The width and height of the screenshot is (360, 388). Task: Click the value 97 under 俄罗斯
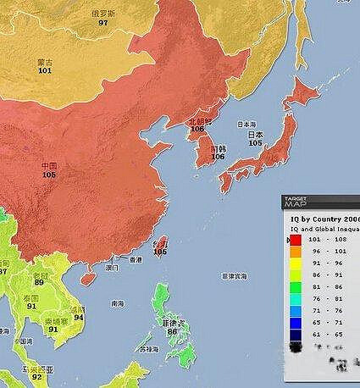click(x=103, y=22)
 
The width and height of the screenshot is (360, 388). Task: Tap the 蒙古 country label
click(x=44, y=62)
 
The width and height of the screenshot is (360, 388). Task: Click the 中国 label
click(x=49, y=165)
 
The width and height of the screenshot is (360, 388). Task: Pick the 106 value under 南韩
click(x=218, y=156)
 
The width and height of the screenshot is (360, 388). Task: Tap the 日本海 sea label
click(x=246, y=124)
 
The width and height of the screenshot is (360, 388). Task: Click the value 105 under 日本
click(x=255, y=143)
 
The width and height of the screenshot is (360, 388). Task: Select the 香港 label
click(x=135, y=260)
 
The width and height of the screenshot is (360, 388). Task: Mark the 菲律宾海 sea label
click(x=234, y=276)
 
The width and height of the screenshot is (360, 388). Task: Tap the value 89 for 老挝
click(x=39, y=282)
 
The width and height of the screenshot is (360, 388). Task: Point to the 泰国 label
click(x=31, y=298)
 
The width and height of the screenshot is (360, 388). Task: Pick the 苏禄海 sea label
click(x=149, y=349)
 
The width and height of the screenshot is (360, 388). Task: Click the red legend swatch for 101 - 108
click(x=295, y=240)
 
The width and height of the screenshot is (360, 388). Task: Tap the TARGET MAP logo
click(x=296, y=202)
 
